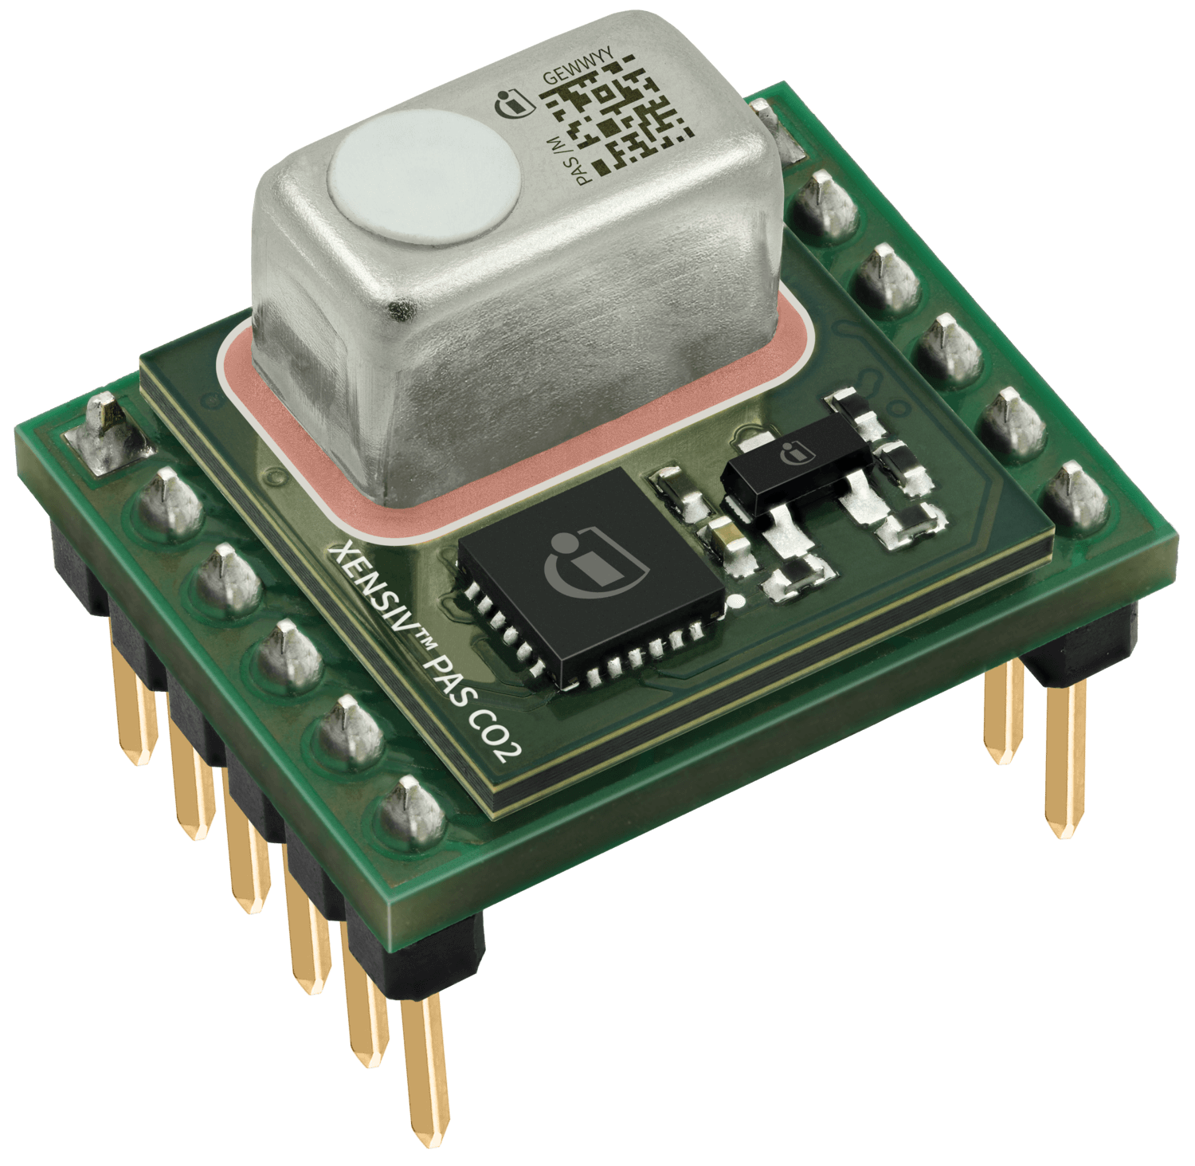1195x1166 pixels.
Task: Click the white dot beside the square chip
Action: [x=736, y=599]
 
